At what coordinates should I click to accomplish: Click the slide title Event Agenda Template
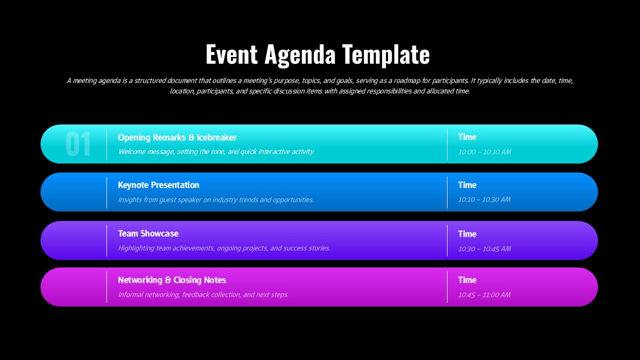[317, 54]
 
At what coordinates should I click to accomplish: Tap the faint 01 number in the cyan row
[78, 144]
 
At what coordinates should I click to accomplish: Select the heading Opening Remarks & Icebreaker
[177, 137]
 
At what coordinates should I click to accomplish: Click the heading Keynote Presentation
[158, 185]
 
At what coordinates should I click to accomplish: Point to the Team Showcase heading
[148, 233]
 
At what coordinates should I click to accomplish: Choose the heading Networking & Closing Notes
[172, 280]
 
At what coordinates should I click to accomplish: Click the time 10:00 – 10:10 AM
[484, 151]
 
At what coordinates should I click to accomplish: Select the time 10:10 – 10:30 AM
[484, 199]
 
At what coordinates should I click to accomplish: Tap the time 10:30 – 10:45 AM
[484, 248]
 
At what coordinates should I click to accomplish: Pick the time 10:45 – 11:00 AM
[484, 294]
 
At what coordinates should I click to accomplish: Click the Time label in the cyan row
[467, 137]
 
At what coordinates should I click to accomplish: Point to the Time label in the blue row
[467, 185]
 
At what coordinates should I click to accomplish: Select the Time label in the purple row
[467, 234]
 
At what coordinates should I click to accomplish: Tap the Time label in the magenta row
[467, 280]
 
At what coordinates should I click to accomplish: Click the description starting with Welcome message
[216, 151]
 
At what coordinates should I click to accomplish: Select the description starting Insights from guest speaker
[215, 199]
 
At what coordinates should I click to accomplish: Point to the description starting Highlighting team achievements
[223, 248]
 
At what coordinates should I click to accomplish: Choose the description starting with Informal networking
[203, 294]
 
